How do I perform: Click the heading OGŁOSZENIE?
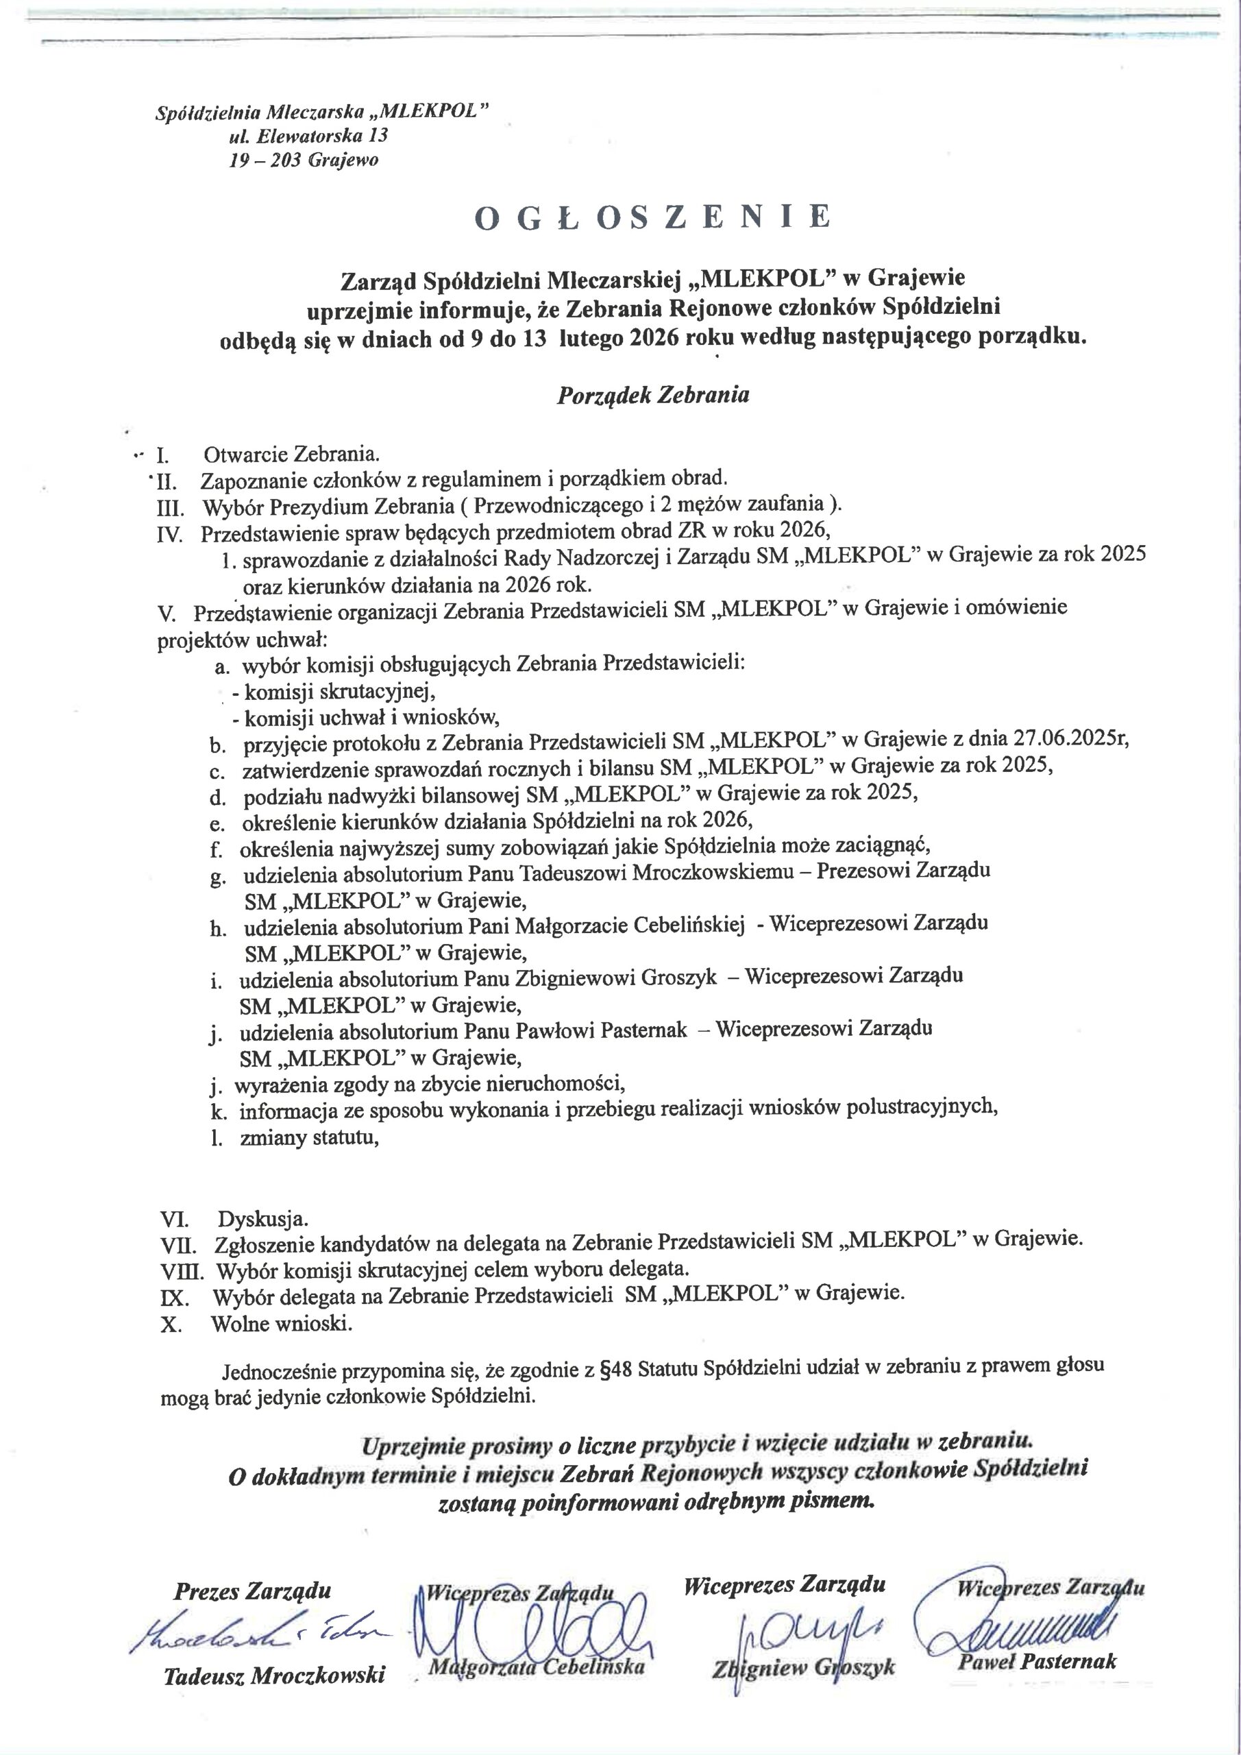652,218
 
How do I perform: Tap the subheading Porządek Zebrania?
652,395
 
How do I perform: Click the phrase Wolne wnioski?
282,1323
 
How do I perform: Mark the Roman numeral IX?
171,1297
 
